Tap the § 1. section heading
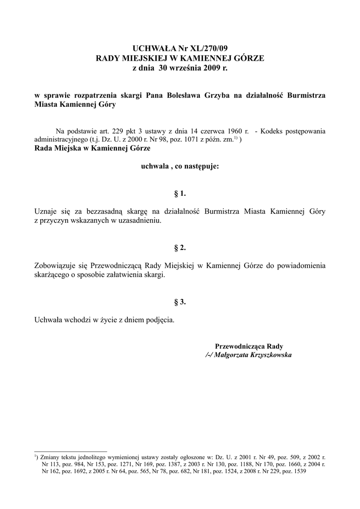pos(180,192)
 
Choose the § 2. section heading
pos(180,247)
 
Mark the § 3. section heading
pos(180,302)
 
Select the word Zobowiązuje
pos(53,266)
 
